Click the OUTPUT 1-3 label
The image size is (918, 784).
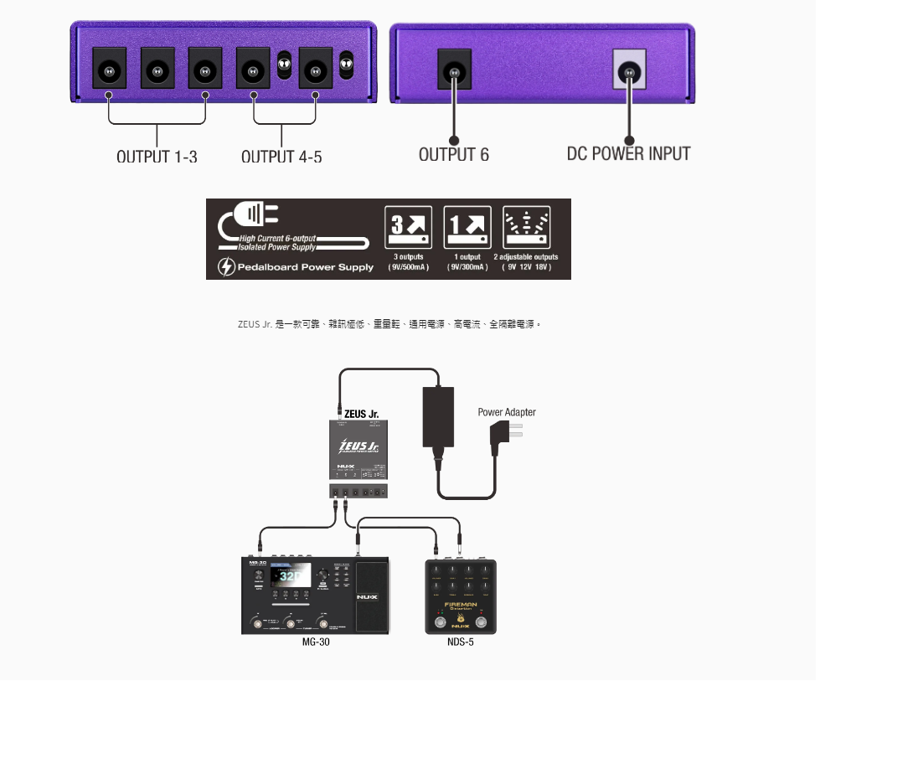(157, 156)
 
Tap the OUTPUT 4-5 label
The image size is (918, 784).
(281, 156)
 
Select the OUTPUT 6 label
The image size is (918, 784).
(453, 154)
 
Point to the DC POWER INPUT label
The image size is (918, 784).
(628, 153)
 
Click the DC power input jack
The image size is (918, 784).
(629, 72)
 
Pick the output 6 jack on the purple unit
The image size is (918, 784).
(455, 72)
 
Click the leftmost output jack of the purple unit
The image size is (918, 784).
(109, 71)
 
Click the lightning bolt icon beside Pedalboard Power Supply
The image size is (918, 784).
(226, 267)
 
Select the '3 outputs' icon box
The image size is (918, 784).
(408, 227)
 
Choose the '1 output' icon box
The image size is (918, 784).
(467, 227)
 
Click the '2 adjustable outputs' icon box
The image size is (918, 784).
(526, 227)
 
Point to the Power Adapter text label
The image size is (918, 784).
(507, 412)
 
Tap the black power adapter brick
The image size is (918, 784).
(437, 417)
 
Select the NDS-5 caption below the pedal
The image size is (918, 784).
(461, 642)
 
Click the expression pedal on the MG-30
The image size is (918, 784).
(372, 596)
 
